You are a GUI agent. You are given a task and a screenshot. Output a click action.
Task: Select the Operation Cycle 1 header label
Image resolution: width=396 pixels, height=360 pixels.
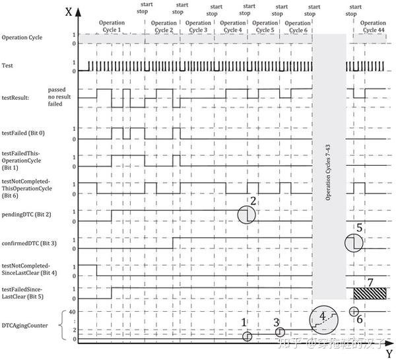click(111, 26)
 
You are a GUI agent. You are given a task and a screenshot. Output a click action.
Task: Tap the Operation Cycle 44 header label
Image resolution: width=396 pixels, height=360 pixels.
click(373, 26)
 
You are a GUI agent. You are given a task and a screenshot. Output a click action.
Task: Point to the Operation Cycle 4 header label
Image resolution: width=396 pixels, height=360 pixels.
click(232, 26)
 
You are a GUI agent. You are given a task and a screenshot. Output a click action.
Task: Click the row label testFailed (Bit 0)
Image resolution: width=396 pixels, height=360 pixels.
click(23, 133)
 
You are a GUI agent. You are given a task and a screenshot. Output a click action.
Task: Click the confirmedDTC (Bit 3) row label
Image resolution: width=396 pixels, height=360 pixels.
click(29, 243)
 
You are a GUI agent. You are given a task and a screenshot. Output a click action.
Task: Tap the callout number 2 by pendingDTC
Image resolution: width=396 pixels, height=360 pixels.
click(252, 201)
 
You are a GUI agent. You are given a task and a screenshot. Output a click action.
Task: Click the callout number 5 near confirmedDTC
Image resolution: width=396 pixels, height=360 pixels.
click(359, 228)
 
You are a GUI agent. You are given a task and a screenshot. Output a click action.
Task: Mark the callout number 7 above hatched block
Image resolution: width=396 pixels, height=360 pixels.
click(370, 283)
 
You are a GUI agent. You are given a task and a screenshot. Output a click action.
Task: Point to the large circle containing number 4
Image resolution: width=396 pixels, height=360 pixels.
click(324, 319)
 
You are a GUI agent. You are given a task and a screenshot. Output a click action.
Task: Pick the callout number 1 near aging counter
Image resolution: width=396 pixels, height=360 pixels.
click(244, 322)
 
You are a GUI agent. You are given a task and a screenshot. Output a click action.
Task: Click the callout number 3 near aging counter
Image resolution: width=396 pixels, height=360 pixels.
click(277, 322)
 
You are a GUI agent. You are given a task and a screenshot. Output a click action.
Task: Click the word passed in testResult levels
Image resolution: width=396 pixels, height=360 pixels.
click(57, 89)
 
